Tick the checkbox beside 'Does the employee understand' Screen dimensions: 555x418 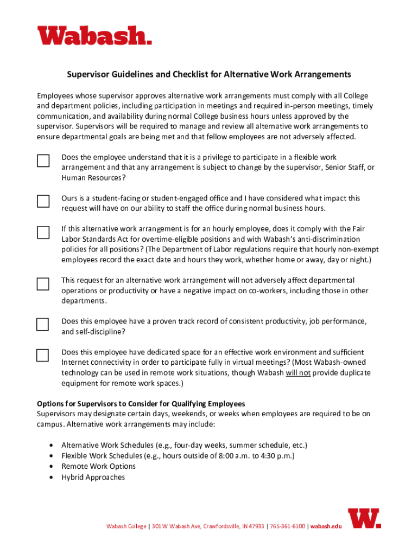(x=43, y=161)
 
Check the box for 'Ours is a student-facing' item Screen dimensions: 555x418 (x=43, y=202)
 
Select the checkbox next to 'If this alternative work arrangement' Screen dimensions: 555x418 (x=43, y=233)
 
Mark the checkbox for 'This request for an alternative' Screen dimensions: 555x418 (x=43, y=283)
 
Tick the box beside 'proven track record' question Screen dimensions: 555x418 (x=43, y=325)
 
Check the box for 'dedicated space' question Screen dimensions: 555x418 (x=43, y=356)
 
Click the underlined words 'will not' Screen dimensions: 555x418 (x=298, y=373)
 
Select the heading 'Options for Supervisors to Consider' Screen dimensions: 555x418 (x=141, y=404)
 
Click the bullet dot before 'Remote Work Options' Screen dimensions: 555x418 (x=51, y=467)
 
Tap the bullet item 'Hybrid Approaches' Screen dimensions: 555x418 (x=93, y=477)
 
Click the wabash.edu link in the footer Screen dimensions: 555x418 (x=326, y=526)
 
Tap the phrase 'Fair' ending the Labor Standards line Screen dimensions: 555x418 (x=359, y=229)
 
